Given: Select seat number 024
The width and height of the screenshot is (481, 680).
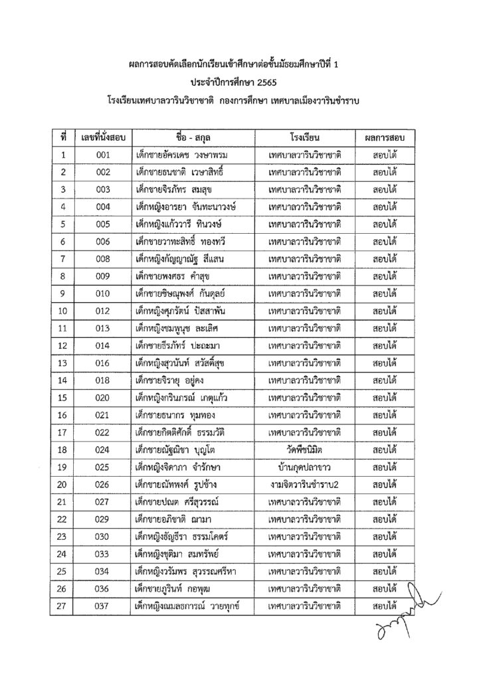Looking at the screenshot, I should tap(102, 448).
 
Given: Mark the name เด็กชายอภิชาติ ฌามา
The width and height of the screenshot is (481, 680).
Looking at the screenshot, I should tap(174, 517).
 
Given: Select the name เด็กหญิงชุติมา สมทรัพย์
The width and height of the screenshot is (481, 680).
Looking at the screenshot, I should tap(182, 552).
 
